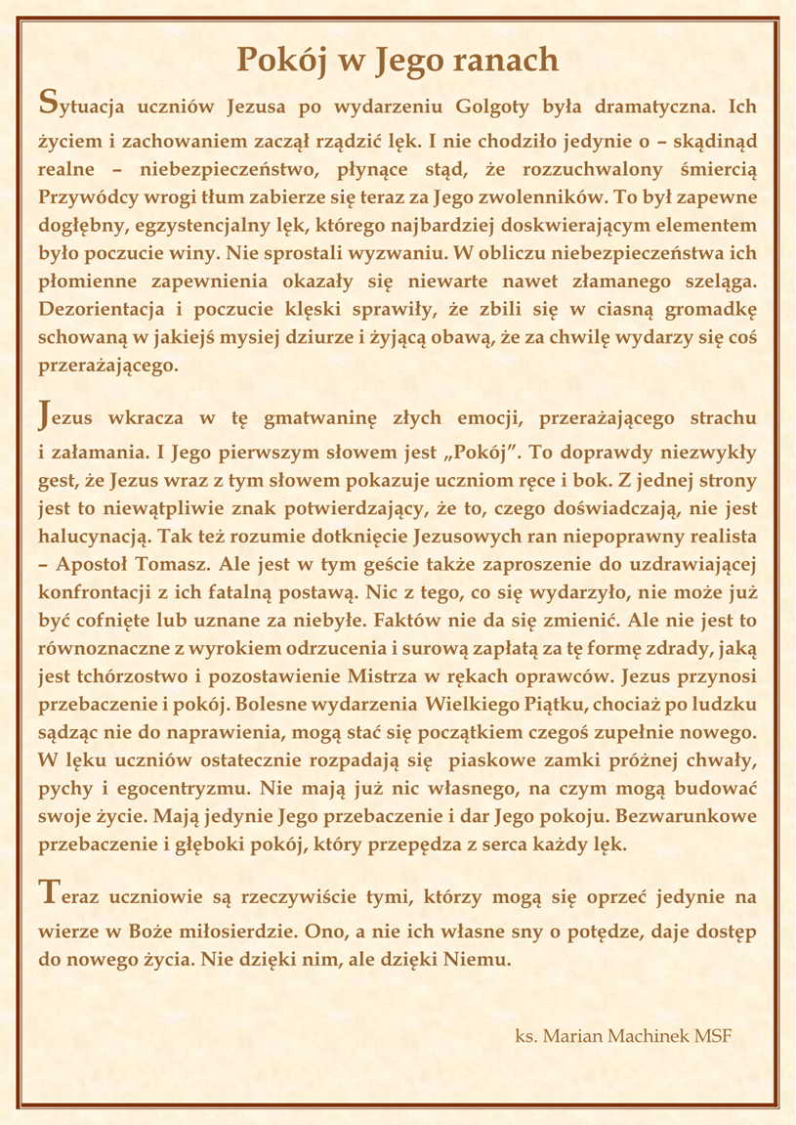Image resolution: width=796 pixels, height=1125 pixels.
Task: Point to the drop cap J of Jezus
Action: [43, 414]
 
